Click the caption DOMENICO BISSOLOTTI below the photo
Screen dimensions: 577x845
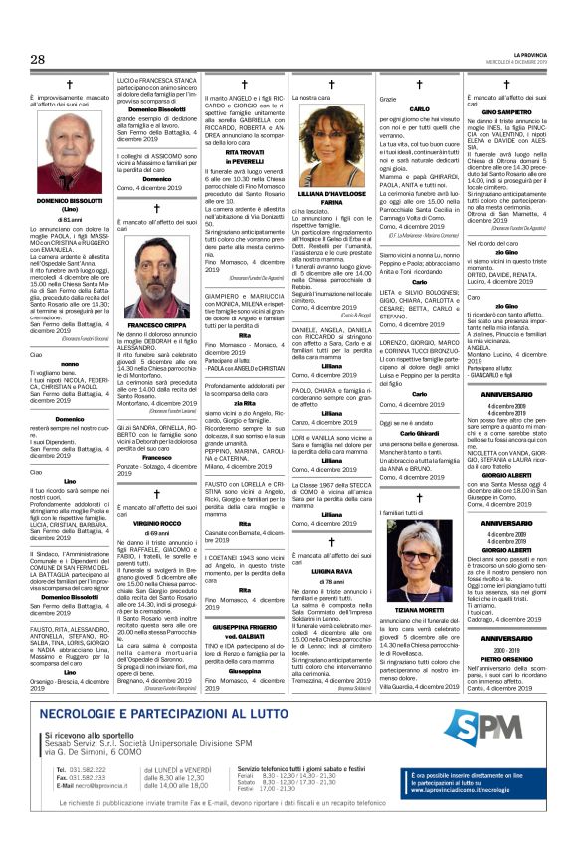click(x=68, y=201)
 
